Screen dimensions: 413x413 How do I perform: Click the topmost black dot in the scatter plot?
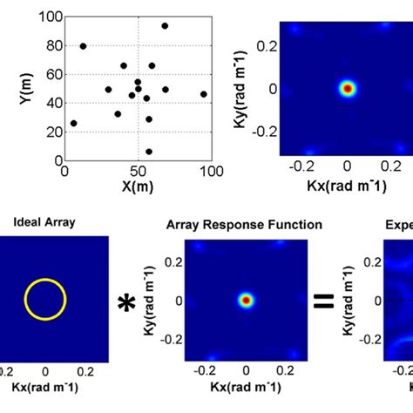click(165, 26)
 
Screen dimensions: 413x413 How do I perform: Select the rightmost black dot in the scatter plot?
click(204, 94)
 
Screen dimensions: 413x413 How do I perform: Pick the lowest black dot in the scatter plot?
click(149, 152)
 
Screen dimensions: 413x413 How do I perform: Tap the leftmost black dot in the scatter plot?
click(73, 124)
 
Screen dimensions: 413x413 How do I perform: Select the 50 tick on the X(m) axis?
click(137, 171)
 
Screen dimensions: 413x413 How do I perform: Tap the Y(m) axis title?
click(25, 87)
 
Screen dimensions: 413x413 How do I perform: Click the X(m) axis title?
click(137, 186)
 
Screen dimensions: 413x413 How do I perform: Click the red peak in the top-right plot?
click(348, 88)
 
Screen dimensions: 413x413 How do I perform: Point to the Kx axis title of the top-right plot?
click(349, 186)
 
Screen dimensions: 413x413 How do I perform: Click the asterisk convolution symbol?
click(128, 302)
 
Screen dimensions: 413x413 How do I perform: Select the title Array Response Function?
click(244, 225)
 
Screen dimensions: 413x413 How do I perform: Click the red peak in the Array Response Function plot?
click(246, 301)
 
